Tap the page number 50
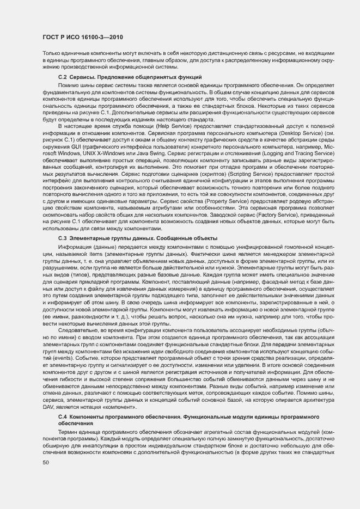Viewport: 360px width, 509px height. (x=46, y=463)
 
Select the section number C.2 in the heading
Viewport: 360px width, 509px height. (x=62, y=78)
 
